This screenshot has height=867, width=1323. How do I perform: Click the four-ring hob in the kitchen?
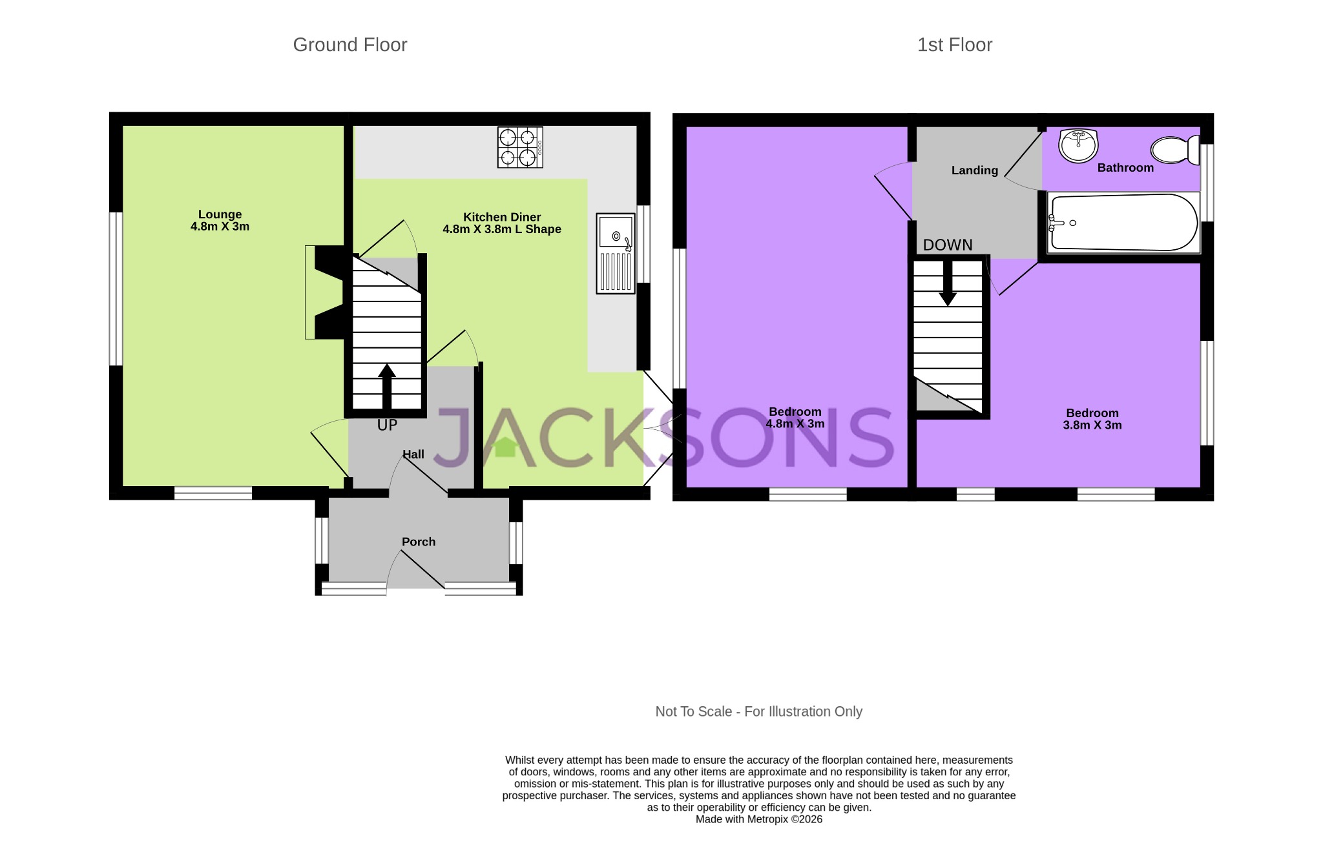(519, 147)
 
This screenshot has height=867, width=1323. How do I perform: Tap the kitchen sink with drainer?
(616, 253)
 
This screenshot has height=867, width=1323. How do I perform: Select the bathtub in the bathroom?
(1123, 223)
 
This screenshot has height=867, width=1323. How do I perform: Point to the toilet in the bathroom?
(1174, 150)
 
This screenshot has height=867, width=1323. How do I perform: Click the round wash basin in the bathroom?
(1078, 145)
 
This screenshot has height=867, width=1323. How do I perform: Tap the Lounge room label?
(220, 214)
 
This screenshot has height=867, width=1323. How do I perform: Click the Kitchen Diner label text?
(501, 218)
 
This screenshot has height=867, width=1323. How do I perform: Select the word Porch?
(419, 542)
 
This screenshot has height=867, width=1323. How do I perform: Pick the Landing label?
(974, 170)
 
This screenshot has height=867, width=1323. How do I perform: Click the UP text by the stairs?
(387, 425)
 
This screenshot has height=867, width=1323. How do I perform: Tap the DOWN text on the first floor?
(947, 245)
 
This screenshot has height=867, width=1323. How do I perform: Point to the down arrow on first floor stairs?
(948, 284)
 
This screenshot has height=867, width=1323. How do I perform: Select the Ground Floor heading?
(349, 45)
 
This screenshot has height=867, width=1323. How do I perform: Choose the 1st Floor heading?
(954, 45)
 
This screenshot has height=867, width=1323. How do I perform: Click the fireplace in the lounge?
(325, 292)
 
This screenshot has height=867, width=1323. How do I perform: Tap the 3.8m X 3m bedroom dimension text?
(1092, 425)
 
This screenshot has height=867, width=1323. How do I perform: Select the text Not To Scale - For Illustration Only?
(758, 711)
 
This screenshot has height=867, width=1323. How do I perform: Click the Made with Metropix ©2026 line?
(758, 819)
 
